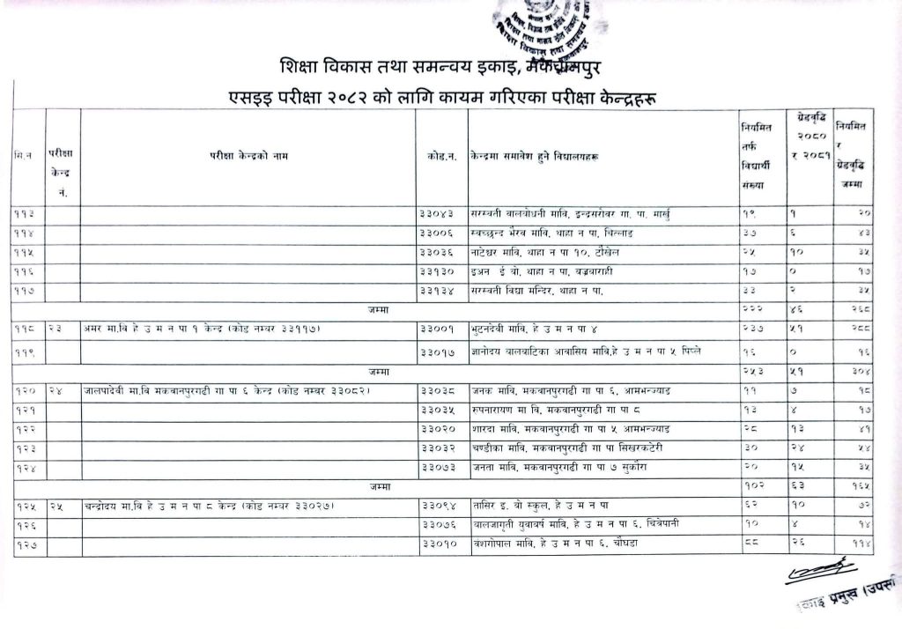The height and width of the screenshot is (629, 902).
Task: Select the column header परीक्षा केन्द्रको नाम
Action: (248, 156)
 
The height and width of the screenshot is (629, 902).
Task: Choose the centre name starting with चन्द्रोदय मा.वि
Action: (211, 506)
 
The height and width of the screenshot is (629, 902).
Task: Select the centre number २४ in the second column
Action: (57, 389)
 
